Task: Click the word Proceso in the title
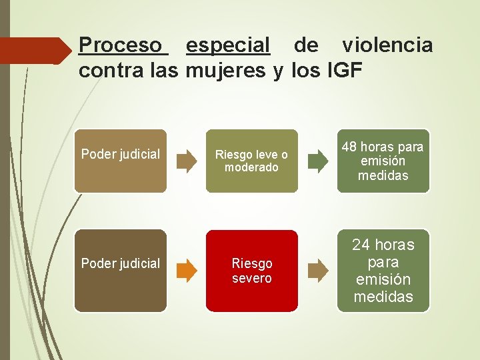click(x=120, y=46)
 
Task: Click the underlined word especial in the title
click(x=228, y=46)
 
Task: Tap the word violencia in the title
click(x=387, y=46)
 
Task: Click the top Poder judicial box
click(x=120, y=161)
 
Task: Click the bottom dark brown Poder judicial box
click(x=120, y=270)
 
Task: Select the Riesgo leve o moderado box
click(x=251, y=161)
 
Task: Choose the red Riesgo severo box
click(x=251, y=270)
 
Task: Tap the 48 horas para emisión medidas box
click(x=383, y=161)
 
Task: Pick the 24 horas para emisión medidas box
click(x=383, y=270)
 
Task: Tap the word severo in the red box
click(x=251, y=278)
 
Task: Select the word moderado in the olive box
click(x=251, y=167)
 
